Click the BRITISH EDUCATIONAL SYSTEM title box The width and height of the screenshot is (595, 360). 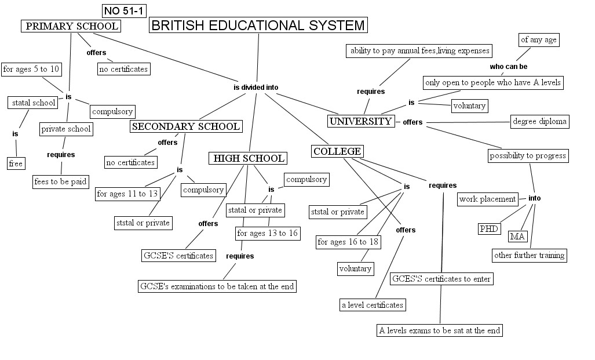(x=258, y=25)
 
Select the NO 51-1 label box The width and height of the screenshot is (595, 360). (x=123, y=10)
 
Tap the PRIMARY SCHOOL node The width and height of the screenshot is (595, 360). (x=71, y=26)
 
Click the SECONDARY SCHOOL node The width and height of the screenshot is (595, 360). (x=186, y=126)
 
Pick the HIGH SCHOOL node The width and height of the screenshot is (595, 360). (x=249, y=158)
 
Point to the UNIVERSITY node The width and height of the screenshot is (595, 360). (x=360, y=121)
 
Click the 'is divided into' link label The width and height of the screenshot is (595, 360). (x=255, y=88)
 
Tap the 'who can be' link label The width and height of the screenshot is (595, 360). (x=509, y=67)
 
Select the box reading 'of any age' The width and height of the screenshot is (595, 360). (x=538, y=39)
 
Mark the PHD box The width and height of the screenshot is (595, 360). (x=489, y=228)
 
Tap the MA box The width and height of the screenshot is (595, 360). (x=517, y=236)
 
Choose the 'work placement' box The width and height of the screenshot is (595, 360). (x=487, y=199)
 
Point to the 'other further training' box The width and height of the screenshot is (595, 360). (x=529, y=254)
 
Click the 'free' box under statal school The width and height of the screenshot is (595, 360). (x=16, y=163)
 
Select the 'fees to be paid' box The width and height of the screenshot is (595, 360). (x=60, y=181)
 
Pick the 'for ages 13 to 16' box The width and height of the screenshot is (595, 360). (x=267, y=234)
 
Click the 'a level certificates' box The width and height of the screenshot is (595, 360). (x=372, y=304)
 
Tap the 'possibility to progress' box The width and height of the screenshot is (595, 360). (x=528, y=155)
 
